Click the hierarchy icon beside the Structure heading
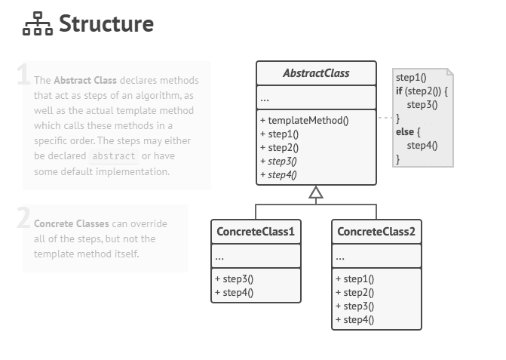tap(38, 26)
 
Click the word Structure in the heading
tap(106, 24)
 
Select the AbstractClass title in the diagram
tap(316, 73)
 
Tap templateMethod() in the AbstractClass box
tap(304, 120)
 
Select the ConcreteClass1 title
tap(256, 231)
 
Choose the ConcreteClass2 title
tap(376, 231)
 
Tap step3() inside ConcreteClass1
tap(234, 278)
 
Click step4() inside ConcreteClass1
tap(234, 292)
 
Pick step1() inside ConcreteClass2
tap(354, 278)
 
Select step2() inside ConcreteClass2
tap(354, 292)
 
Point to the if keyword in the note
tap(399, 91)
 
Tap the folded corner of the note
tap(449, 72)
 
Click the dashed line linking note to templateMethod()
tap(385, 118)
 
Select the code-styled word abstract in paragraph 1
tap(114, 156)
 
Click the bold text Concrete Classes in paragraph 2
tap(72, 223)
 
